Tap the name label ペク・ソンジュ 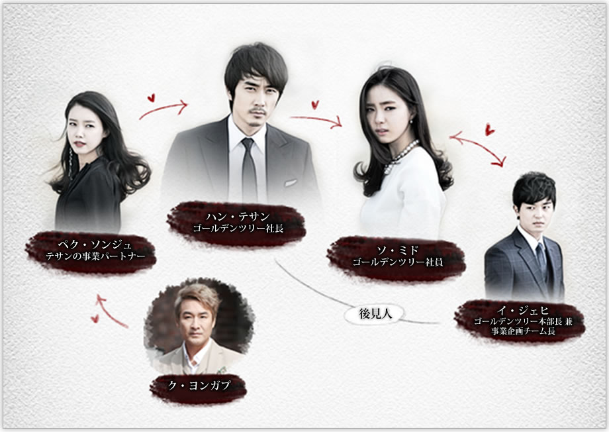point(91,244)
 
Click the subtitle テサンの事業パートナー point(91,255)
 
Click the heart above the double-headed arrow point(489,129)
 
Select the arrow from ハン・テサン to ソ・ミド point(316,120)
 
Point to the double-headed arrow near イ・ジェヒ point(477,148)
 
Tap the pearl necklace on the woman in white point(401,156)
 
